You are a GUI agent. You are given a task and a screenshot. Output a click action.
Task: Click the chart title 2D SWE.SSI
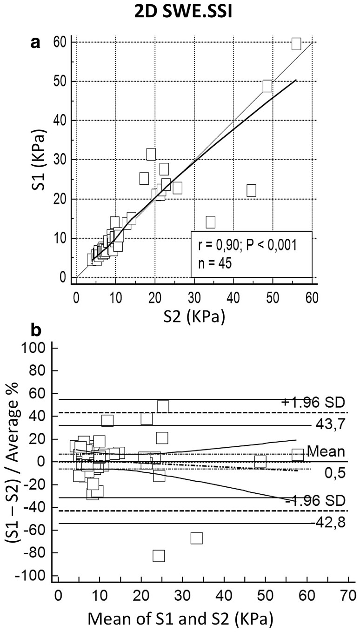coord(180,13)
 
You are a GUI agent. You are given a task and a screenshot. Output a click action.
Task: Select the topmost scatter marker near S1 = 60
coord(296,44)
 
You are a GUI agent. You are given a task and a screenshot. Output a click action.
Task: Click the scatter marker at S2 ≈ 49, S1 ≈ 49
coord(267,86)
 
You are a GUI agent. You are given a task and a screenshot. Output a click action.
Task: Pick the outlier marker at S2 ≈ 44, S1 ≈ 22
coord(251,190)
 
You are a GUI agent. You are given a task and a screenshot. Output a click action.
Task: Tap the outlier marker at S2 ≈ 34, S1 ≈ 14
coord(210,222)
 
